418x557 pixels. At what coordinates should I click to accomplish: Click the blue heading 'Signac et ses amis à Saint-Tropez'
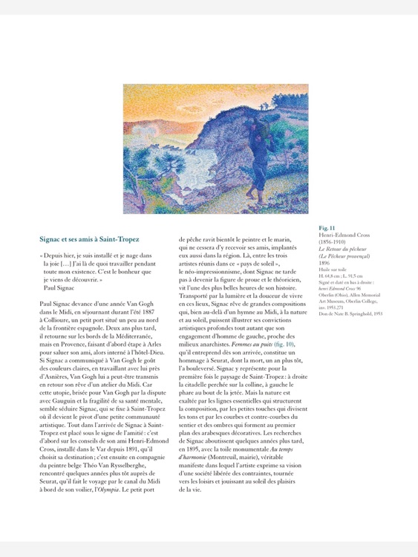[x=89, y=239]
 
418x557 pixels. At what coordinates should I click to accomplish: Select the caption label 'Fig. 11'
[x=327, y=227]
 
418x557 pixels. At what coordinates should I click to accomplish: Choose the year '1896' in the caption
[x=325, y=263]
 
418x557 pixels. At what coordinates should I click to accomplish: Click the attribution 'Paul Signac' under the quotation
[x=59, y=286]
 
